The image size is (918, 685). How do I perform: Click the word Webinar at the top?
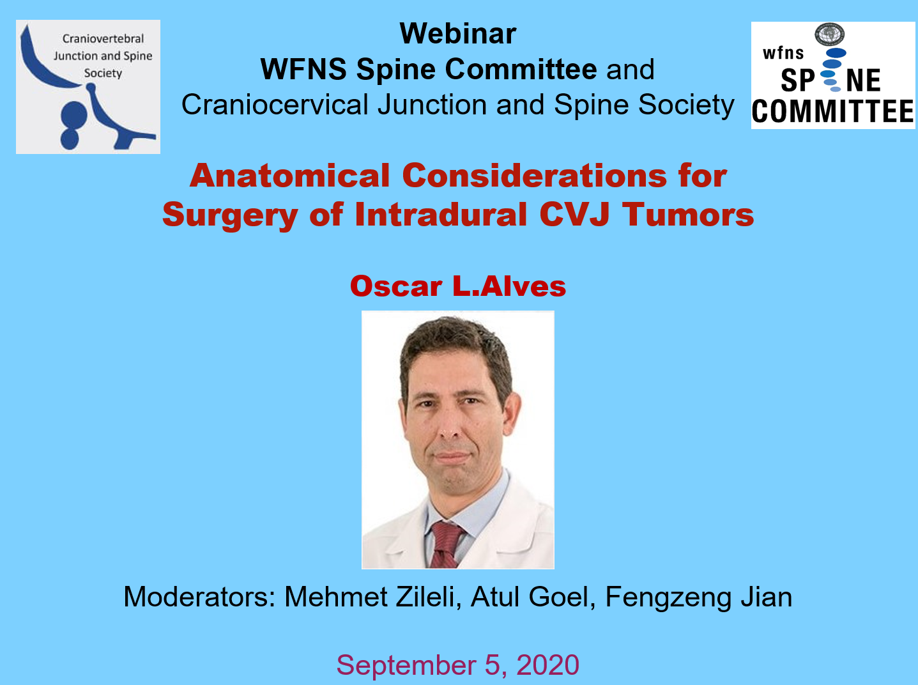[458, 33]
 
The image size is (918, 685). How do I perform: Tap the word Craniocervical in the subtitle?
[275, 105]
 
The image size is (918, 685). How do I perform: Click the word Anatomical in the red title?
[290, 176]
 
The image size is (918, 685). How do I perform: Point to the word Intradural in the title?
[441, 215]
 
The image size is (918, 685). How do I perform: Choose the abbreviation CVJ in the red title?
[574, 215]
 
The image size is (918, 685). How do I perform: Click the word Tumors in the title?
[688, 215]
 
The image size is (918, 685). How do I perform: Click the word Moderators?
[199, 597]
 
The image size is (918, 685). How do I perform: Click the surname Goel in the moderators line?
[562, 597]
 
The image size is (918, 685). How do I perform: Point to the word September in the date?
[406, 665]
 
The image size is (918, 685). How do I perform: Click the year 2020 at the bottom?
[548, 665]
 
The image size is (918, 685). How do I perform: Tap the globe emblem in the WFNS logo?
[829, 35]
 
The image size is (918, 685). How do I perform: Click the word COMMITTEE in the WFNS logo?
[832, 112]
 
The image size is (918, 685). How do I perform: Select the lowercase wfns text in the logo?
[783, 53]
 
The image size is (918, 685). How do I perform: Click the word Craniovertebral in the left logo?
[103, 39]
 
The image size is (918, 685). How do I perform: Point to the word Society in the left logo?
[103, 73]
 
